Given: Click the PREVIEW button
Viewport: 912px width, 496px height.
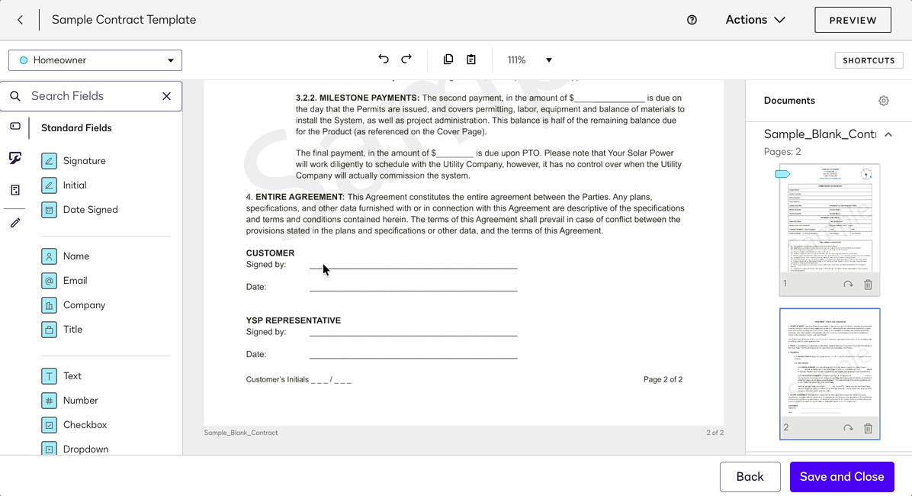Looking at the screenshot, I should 853,20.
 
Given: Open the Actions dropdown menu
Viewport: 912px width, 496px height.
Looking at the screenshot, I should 755,20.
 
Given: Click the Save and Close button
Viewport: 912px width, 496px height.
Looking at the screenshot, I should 842,477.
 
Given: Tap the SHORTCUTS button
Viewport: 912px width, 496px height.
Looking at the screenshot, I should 869,60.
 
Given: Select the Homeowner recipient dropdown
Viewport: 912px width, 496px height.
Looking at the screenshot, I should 95,60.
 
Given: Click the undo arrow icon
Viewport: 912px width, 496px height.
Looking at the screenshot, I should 384,60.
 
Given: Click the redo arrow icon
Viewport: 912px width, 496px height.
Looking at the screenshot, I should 406,60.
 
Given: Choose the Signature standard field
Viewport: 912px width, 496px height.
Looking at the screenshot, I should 84,161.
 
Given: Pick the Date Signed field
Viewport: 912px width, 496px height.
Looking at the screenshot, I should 90,210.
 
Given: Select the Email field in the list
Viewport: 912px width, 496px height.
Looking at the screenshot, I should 75,281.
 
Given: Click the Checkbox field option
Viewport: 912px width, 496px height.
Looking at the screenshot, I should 85,425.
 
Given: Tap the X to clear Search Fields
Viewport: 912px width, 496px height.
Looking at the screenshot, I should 166,96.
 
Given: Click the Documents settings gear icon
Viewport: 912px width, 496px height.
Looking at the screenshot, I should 884,101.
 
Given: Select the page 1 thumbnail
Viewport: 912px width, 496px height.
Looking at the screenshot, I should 829,220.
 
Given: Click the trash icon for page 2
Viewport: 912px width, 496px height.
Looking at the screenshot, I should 868,428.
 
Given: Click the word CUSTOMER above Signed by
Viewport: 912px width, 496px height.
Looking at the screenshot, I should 270,253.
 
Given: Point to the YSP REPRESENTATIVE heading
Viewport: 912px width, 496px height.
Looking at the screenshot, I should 294,320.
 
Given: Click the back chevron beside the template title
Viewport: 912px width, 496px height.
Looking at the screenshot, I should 21,20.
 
